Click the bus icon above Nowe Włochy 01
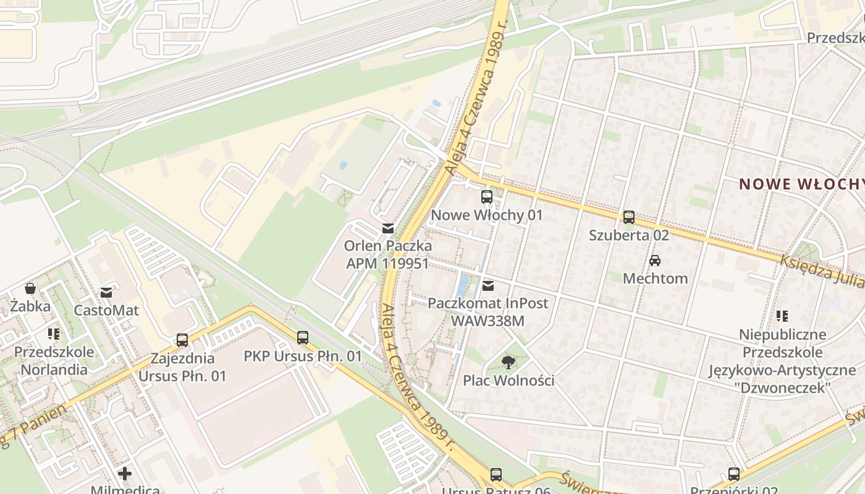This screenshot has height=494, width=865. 487,197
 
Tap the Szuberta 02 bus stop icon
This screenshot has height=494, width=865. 628,217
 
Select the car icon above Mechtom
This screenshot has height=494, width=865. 655,261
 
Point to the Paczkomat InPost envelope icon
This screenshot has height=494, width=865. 488,285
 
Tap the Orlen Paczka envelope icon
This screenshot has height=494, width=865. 387,228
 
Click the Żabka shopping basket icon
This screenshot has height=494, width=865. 30,288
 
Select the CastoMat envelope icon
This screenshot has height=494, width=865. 106,292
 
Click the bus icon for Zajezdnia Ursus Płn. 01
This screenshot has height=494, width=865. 182,340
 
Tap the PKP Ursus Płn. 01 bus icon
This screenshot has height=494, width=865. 302,338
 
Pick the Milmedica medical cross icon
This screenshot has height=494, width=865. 125,474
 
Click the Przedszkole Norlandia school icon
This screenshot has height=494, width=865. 54,334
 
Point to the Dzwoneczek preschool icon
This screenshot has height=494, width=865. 782,316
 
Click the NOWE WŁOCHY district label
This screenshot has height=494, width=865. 801,184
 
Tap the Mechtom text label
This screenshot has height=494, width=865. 655,278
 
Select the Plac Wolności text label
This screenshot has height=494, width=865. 508,380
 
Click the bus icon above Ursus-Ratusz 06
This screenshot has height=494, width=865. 496,474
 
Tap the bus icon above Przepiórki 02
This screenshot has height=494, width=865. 733,474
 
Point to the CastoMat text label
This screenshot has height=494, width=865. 106,310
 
